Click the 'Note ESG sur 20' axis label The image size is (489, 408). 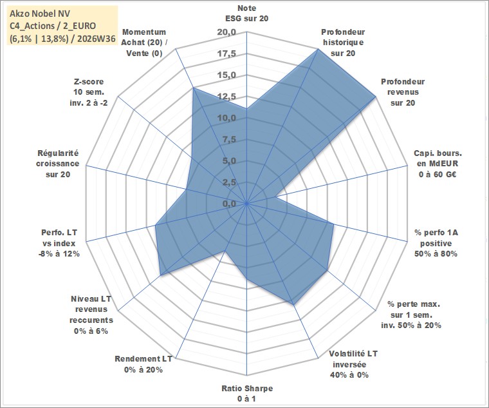[246, 13]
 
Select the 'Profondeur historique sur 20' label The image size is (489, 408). [343, 43]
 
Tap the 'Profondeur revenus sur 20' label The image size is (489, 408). [403, 92]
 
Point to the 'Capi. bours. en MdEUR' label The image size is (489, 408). [438, 159]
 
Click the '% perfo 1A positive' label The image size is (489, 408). [436, 238]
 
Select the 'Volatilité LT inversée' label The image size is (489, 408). [353, 359]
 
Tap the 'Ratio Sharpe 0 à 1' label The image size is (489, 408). [247, 393]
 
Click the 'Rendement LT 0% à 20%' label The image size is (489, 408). [143, 364]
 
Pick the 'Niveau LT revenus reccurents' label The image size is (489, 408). [91, 309]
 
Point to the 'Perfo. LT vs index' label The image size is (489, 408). [59, 238]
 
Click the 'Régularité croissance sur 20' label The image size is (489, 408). [58, 164]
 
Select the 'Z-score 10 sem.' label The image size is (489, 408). [89, 86]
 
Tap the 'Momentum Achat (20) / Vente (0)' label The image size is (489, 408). [144, 43]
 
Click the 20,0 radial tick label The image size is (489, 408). [226, 32]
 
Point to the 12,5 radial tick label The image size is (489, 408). [226, 97]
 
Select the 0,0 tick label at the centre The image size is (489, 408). [230, 204]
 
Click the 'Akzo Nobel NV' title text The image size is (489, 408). [40, 14]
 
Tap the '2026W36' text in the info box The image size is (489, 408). [97, 39]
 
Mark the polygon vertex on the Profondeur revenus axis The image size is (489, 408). [376, 97]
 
